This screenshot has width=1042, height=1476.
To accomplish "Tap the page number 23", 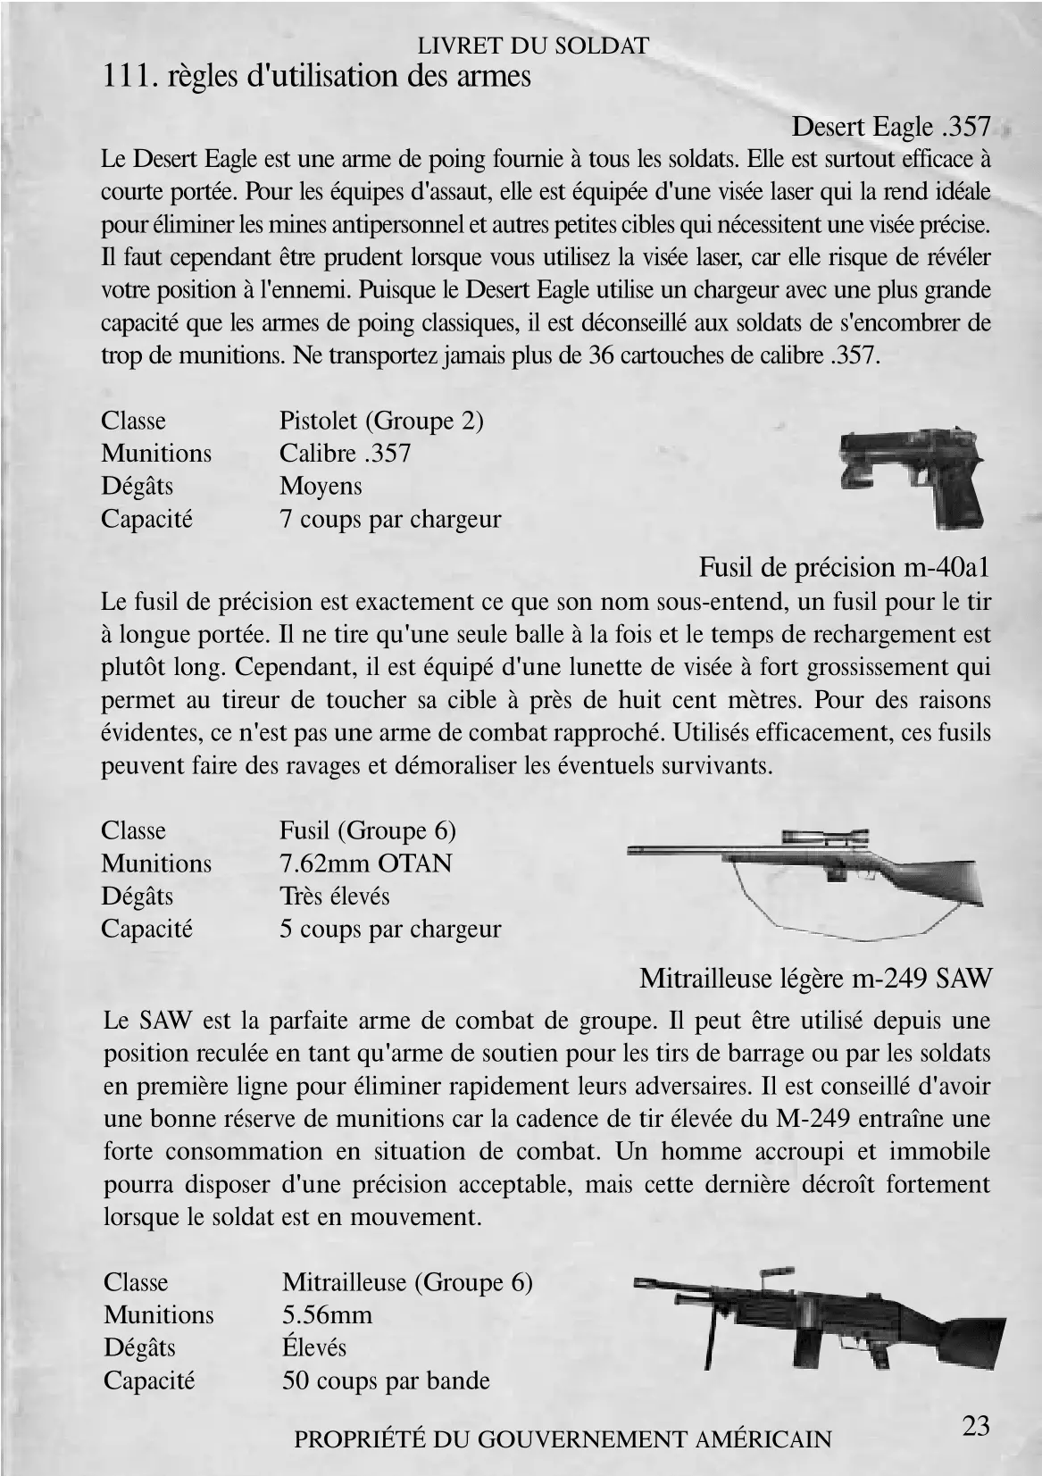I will pos(976,1425).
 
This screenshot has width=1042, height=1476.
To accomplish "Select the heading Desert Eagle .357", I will pos(891,127).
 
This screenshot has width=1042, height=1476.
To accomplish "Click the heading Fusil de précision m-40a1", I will pos(844,567).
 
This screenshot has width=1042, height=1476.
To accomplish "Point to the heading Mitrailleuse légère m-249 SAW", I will pos(815,979).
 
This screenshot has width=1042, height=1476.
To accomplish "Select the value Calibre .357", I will pos(345,453).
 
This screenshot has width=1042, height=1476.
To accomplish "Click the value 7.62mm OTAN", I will pos(365,863).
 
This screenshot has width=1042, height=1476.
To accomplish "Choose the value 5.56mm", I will pos(327,1314).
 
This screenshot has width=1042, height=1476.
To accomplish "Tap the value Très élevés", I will pos(334,896).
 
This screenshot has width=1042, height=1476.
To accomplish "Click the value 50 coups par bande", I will pos(386,1380).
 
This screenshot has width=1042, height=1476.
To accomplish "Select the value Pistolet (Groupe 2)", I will pos(381,420).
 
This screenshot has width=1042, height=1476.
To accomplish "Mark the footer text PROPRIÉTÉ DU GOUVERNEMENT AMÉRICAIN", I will pos(563,1438).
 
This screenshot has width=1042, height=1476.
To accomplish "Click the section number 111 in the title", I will pos(125,77).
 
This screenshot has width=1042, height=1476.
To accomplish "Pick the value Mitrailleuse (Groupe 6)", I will pos(407,1282).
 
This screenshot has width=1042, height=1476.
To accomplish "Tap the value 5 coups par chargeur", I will pos(390,929).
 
